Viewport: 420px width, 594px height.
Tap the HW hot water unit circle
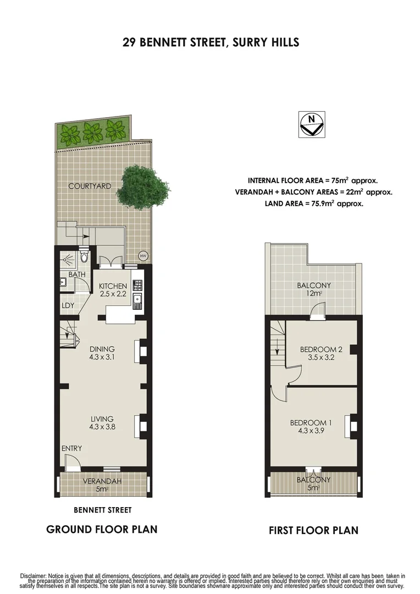(x=143, y=255)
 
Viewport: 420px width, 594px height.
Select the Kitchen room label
(x=113, y=286)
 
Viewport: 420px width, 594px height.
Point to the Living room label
(x=103, y=419)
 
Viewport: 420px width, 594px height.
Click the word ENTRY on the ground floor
(x=71, y=449)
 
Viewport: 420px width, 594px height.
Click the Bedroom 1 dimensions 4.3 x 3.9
(x=311, y=431)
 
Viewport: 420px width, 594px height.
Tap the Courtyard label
(x=90, y=186)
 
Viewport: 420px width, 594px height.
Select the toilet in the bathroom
(x=84, y=257)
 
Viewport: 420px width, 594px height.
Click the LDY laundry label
(x=68, y=305)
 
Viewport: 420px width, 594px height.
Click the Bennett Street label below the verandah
(x=103, y=510)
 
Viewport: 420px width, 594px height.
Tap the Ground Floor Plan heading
(x=102, y=530)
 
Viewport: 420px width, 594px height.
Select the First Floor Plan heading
(x=313, y=531)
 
